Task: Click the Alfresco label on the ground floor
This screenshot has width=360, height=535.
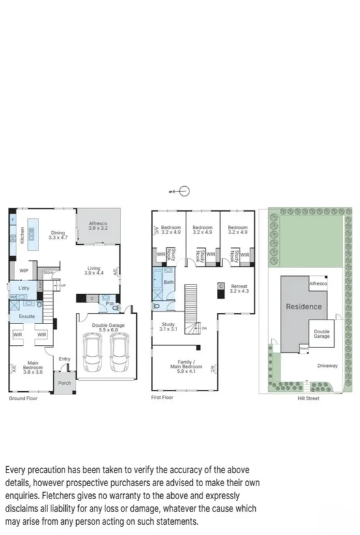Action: [101, 225]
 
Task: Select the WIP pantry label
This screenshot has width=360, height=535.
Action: [23, 270]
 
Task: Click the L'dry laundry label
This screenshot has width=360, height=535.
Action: [24, 288]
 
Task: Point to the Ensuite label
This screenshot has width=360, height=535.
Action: [26, 316]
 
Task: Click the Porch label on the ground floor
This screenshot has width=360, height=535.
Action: [64, 383]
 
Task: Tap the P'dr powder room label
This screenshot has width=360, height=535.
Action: [111, 304]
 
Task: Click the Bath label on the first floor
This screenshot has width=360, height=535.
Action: [169, 282]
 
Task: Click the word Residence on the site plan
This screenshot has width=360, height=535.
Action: [304, 307]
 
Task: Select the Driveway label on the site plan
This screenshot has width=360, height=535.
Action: [327, 366]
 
